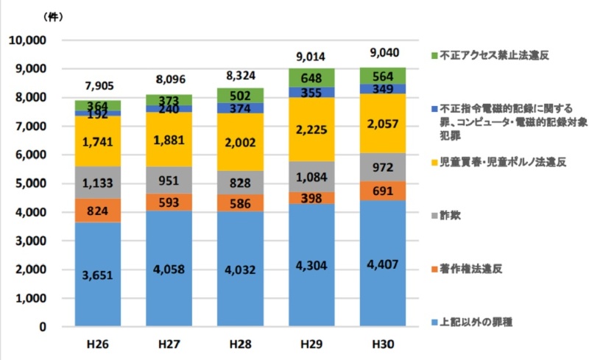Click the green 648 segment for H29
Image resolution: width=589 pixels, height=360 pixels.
[311, 77]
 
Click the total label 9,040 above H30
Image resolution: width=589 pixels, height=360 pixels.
[382, 54]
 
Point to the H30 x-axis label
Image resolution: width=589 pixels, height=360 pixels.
[382, 343]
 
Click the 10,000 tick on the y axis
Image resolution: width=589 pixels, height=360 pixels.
[27, 40]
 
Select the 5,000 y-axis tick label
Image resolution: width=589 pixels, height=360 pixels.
[29, 183]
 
